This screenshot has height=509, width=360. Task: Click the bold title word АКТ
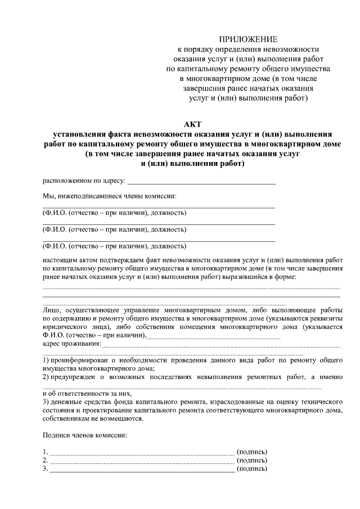(192, 124)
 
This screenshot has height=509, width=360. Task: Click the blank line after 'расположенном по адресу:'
(202, 183)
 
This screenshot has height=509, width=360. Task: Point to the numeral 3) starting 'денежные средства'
(46, 403)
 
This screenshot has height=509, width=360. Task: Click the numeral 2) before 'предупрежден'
(46, 377)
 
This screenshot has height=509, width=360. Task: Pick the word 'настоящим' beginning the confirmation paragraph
(59, 260)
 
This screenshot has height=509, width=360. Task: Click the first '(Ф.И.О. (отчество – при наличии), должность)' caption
(115, 213)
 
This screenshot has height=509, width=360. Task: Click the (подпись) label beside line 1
(252, 452)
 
